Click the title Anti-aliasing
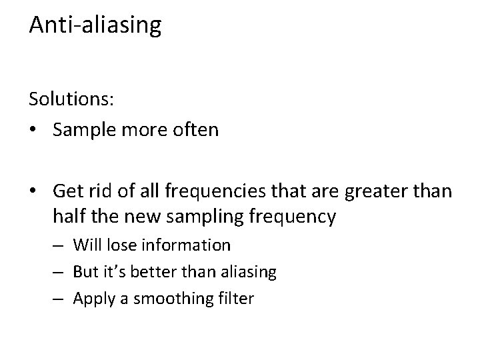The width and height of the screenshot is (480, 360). click(x=95, y=25)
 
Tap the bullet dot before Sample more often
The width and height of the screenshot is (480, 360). click(x=33, y=129)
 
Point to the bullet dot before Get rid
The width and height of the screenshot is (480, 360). click(x=33, y=192)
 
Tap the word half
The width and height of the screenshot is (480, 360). click(x=67, y=217)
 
